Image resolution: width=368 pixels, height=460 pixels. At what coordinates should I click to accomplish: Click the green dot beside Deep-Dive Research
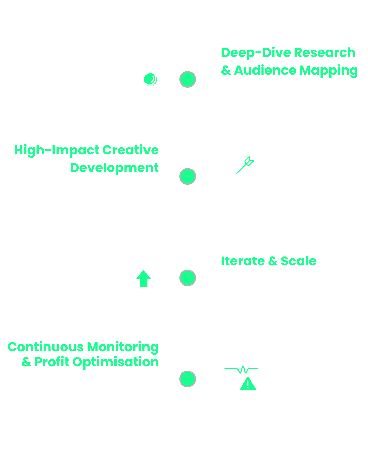[187, 79]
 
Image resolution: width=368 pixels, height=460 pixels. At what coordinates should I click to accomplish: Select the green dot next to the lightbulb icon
[187, 177]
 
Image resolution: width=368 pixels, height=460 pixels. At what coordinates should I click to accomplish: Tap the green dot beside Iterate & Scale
[187, 277]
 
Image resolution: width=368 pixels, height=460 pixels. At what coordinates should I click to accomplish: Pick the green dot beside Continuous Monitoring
[187, 379]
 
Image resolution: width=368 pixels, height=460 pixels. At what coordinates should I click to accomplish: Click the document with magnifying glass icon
[143, 78]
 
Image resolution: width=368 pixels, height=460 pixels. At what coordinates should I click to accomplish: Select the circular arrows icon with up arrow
[143, 279]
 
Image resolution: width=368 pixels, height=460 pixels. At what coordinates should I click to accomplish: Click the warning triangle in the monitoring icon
[248, 384]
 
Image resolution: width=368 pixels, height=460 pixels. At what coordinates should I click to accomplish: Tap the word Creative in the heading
[131, 150]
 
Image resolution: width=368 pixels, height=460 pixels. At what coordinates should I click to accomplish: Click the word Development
[114, 168]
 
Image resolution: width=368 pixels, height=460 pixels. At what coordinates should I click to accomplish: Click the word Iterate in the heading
[242, 261]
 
